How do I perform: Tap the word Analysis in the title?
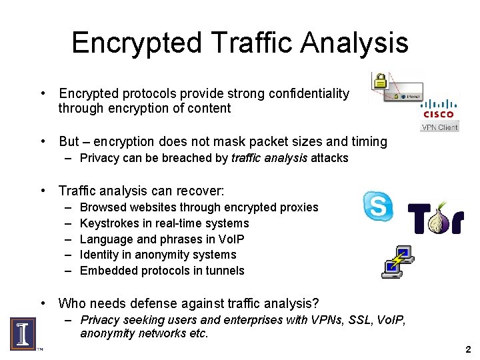click(353, 43)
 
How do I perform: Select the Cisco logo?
click(439, 109)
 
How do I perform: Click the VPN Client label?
click(439, 127)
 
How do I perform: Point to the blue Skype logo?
click(378, 206)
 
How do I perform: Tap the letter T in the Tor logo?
click(418, 219)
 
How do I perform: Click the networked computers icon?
click(398, 261)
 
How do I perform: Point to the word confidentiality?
click(309, 94)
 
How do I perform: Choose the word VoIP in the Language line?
click(231, 239)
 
